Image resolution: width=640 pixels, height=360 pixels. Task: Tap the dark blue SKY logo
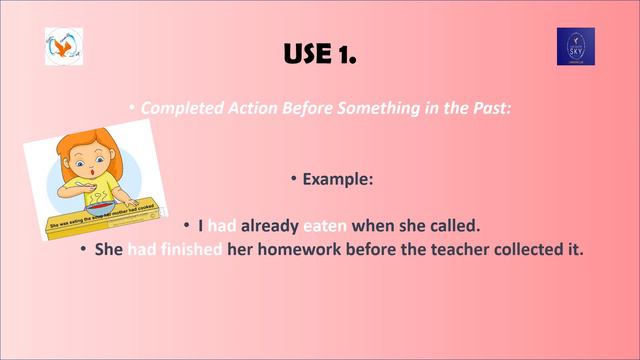(x=575, y=47)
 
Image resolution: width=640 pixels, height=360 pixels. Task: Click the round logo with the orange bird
(x=64, y=46)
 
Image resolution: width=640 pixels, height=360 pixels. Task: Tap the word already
(x=269, y=225)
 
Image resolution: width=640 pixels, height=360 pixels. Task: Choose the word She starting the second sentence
(x=108, y=248)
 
